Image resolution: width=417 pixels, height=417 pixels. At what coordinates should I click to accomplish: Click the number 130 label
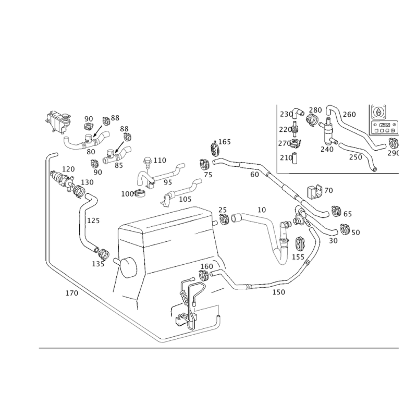tap(87, 182)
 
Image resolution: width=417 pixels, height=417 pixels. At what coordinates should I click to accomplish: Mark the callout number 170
tap(71, 293)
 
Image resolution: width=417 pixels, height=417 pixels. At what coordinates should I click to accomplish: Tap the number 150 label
tap(278, 293)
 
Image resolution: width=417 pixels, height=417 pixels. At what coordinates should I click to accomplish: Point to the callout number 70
tap(328, 191)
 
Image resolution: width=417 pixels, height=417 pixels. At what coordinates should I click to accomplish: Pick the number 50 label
tap(355, 231)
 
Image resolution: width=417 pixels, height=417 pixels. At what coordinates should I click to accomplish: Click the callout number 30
tap(333, 241)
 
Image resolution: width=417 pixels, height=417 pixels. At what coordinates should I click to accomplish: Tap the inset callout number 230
tap(285, 114)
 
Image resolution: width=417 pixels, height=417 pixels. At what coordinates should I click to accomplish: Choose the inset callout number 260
tap(349, 114)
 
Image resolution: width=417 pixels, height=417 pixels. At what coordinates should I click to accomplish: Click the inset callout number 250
tap(355, 157)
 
